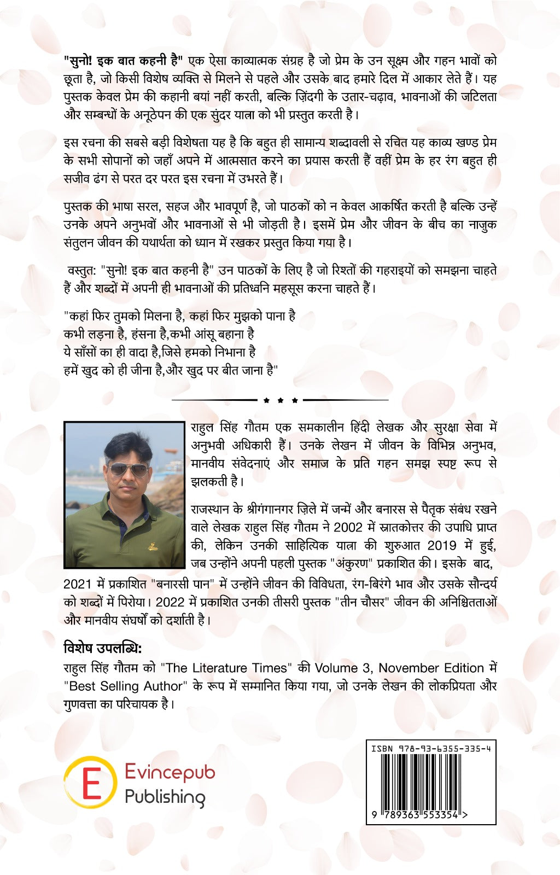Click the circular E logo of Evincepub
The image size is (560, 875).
click(x=91, y=782)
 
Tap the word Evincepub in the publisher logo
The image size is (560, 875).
click(x=170, y=773)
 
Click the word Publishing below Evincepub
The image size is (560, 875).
click(x=165, y=797)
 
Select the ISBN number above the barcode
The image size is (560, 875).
click(x=431, y=749)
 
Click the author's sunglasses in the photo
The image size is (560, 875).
click(x=127, y=469)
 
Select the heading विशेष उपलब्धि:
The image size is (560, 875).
click(x=103, y=649)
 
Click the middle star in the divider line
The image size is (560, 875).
click(x=281, y=400)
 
